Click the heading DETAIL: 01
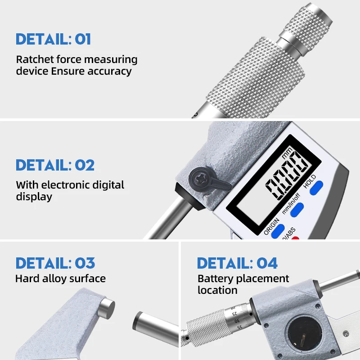pyautogui.click(x=53, y=39)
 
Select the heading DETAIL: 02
pyautogui.click(x=55, y=165)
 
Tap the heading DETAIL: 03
pyautogui.click(x=55, y=263)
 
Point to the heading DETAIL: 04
pyautogui.click(x=237, y=263)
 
